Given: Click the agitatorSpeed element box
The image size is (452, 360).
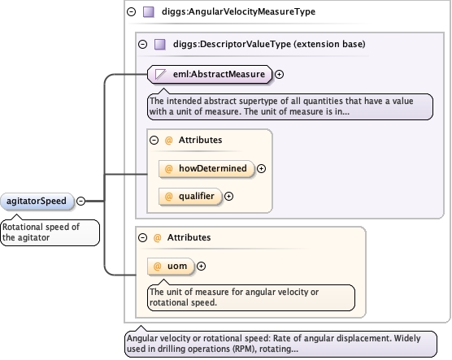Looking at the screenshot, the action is click(37, 201).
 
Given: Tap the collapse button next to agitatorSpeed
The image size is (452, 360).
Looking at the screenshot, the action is click(81, 201).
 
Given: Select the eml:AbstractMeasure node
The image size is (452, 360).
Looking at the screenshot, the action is click(210, 75).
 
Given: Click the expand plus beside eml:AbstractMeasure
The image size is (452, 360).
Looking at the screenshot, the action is click(279, 75).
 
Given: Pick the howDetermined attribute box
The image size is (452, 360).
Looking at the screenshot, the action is click(206, 168).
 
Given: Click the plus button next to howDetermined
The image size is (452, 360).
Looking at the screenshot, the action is click(261, 168).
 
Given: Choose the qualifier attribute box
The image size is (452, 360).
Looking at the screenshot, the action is click(190, 197).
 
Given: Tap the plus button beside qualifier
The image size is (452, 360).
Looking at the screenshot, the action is click(228, 197).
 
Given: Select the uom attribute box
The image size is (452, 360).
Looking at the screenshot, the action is click(171, 266).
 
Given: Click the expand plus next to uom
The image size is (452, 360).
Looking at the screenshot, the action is click(201, 266).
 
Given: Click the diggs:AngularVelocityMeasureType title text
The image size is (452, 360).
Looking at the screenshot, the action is click(238, 11).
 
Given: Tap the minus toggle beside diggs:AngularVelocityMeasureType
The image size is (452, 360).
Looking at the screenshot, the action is click(132, 12).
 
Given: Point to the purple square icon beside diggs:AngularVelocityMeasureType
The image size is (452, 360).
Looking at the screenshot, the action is click(149, 12).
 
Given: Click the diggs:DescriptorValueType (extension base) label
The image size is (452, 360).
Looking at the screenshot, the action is click(269, 44).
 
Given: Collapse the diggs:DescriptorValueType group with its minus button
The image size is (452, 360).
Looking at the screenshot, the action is click(143, 45).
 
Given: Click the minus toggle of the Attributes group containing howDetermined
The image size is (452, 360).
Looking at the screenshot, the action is click(154, 140).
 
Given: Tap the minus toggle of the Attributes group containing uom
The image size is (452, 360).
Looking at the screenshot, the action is click(143, 237).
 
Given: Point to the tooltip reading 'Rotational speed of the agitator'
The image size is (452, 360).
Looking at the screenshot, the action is click(50, 232).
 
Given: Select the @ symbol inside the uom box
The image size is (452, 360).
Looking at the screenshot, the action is click(157, 266).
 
